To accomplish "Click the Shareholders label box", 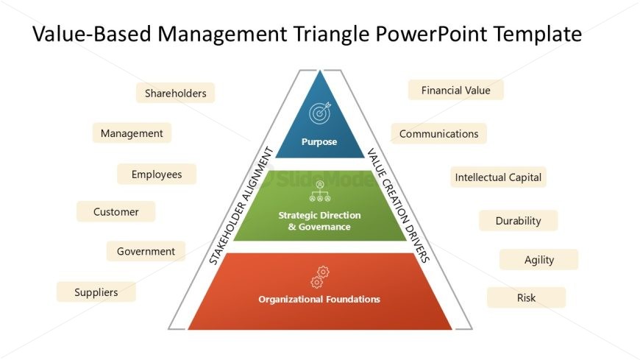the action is (176, 93).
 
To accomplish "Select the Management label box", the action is (132, 133).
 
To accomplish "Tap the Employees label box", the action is (157, 174).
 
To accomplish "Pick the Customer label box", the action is (116, 212).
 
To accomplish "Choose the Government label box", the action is (146, 251).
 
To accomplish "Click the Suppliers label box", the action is (96, 292).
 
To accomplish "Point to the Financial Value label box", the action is (456, 90).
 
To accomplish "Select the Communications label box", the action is (438, 134).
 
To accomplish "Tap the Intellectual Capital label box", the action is (498, 177).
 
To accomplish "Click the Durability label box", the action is (519, 221).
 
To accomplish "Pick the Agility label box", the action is (538, 260).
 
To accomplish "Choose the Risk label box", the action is (527, 297).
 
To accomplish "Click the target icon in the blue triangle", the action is (320, 113).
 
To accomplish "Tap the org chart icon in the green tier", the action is (320, 191).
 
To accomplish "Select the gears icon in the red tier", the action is (320, 277).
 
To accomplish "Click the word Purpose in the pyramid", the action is (319, 142).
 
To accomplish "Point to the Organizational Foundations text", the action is (319, 299).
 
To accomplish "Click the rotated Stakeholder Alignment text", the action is (241, 205).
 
